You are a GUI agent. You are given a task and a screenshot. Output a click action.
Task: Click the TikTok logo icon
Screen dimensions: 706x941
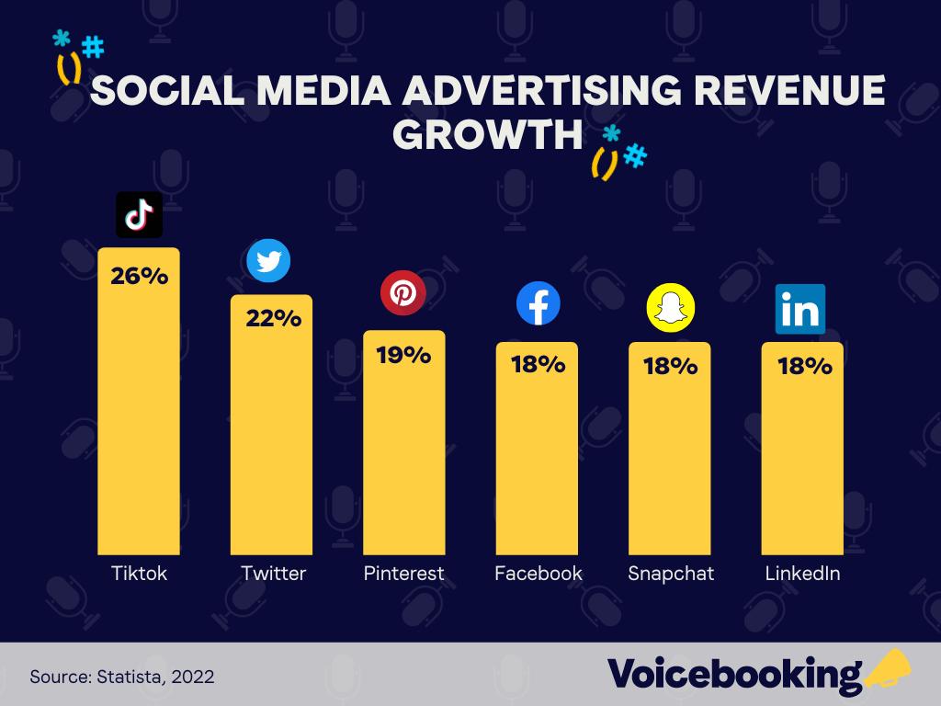point(139,214)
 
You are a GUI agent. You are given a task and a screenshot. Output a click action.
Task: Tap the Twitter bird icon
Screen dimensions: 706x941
point(268,261)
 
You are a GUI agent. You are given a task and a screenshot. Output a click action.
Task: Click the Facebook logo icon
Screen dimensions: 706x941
point(538,303)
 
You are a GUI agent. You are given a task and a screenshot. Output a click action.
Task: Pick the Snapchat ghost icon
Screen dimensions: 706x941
point(671,307)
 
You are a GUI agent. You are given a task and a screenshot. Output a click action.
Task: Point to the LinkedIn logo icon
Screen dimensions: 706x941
point(800,309)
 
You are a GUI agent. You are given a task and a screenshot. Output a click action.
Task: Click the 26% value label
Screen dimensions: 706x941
point(139,275)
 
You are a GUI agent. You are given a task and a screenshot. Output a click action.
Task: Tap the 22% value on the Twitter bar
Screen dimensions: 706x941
point(273,319)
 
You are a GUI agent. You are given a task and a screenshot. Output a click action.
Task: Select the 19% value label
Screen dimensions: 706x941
point(403,355)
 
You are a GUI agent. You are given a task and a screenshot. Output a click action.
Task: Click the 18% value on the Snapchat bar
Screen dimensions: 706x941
point(670,366)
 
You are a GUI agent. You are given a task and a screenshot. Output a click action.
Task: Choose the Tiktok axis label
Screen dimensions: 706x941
point(139,574)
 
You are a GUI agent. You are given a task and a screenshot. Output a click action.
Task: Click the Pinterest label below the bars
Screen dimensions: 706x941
point(403,574)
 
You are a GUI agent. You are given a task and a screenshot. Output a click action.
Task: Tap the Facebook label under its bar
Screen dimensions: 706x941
point(538,574)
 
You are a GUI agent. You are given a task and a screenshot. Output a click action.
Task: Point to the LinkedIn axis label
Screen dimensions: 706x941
point(802,574)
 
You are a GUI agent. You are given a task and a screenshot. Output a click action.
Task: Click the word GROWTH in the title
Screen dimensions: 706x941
point(488,134)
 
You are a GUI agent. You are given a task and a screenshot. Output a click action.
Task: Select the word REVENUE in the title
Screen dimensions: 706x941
point(789,92)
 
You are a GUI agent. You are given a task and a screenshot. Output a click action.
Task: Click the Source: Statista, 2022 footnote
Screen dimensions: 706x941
point(122,677)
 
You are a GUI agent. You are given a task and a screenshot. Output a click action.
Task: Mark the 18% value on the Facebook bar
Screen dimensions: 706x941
point(538,364)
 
